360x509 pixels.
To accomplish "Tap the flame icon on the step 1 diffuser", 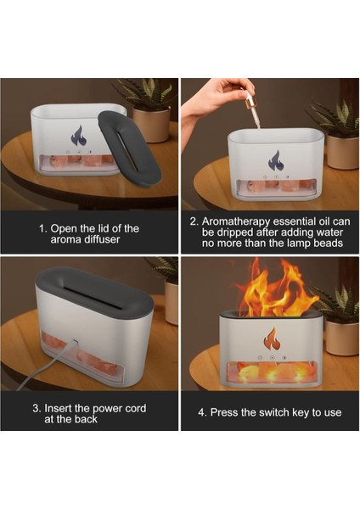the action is click(x=78, y=136).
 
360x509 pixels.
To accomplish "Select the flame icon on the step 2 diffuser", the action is click(x=276, y=160).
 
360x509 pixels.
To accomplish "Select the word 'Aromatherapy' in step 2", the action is click(x=236, y=221).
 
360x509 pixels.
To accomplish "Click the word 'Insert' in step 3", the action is click(x=58, y=408).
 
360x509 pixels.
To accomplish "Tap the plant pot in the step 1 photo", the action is click(x=151, y=125).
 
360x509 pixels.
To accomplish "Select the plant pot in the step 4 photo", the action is click(x=342, y=338).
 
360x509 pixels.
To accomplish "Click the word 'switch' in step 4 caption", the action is click(x=274, y=412).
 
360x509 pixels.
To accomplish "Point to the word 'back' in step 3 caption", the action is click(x=86, y=419).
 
